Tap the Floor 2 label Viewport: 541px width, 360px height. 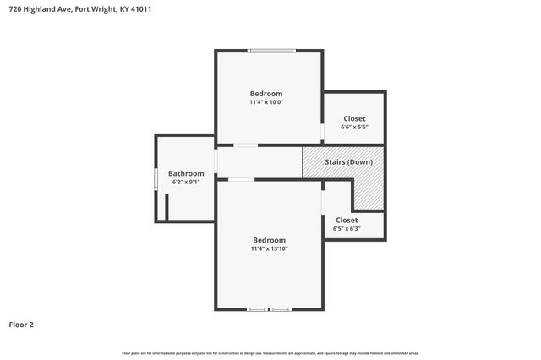click(x=21, y=324)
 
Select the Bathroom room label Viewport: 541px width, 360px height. click(x=186, y=173)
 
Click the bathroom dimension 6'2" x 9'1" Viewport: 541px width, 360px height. click(x=186, y=182)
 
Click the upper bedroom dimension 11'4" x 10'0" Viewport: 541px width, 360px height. click(x=265, y=102)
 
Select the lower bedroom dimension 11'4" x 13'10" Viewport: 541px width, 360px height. click(x=269, y=249)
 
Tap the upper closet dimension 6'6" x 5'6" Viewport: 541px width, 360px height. click(x=354, y=127)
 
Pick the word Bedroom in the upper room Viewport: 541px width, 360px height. click(x=265, y=93)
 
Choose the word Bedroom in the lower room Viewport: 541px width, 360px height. click(x=269, y=240)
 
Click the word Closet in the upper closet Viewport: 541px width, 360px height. click(x=354, y=118)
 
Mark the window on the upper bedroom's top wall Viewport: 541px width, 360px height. click(x=271, y=51)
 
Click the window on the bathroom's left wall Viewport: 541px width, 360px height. click(x=156, y=179)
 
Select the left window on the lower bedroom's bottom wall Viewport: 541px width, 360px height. click(x=258, y=309)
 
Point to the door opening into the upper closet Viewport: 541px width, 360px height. click(x=323, y=132)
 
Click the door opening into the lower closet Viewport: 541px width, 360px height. click(x=323, y=203)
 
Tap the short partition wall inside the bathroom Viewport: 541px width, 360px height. click(x=167, y=207)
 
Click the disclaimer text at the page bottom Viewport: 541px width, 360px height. click(x=270, y=353)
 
